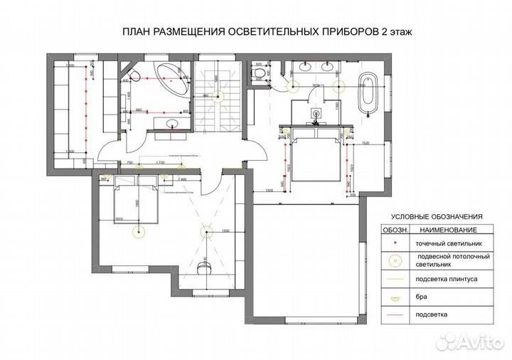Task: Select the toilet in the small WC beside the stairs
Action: (260, 73)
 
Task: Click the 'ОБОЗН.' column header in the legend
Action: (395, 231)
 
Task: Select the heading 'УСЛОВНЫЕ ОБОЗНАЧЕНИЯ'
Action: (437, 216)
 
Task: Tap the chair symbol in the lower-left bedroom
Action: (206, 268)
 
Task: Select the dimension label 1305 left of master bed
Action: (270, 191)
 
